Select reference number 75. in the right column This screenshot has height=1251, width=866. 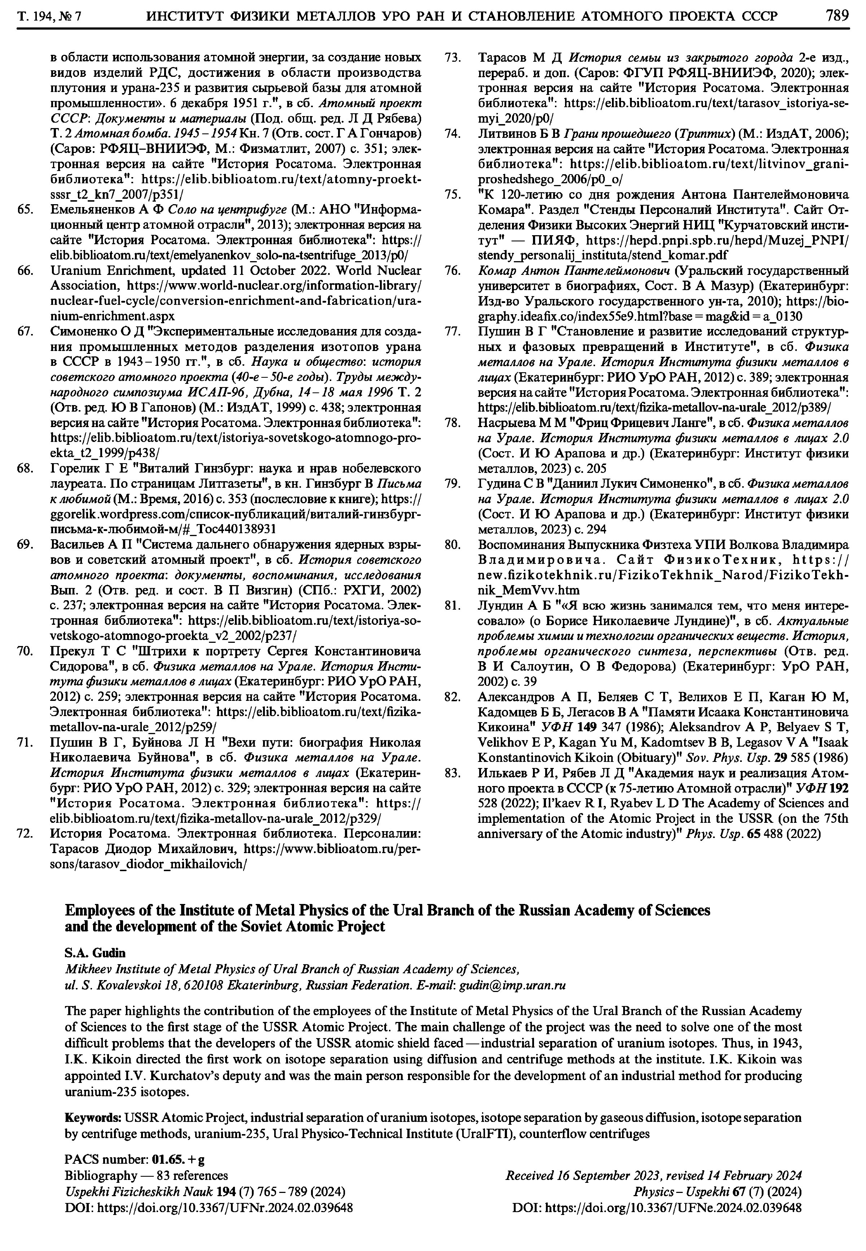point(452,194)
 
